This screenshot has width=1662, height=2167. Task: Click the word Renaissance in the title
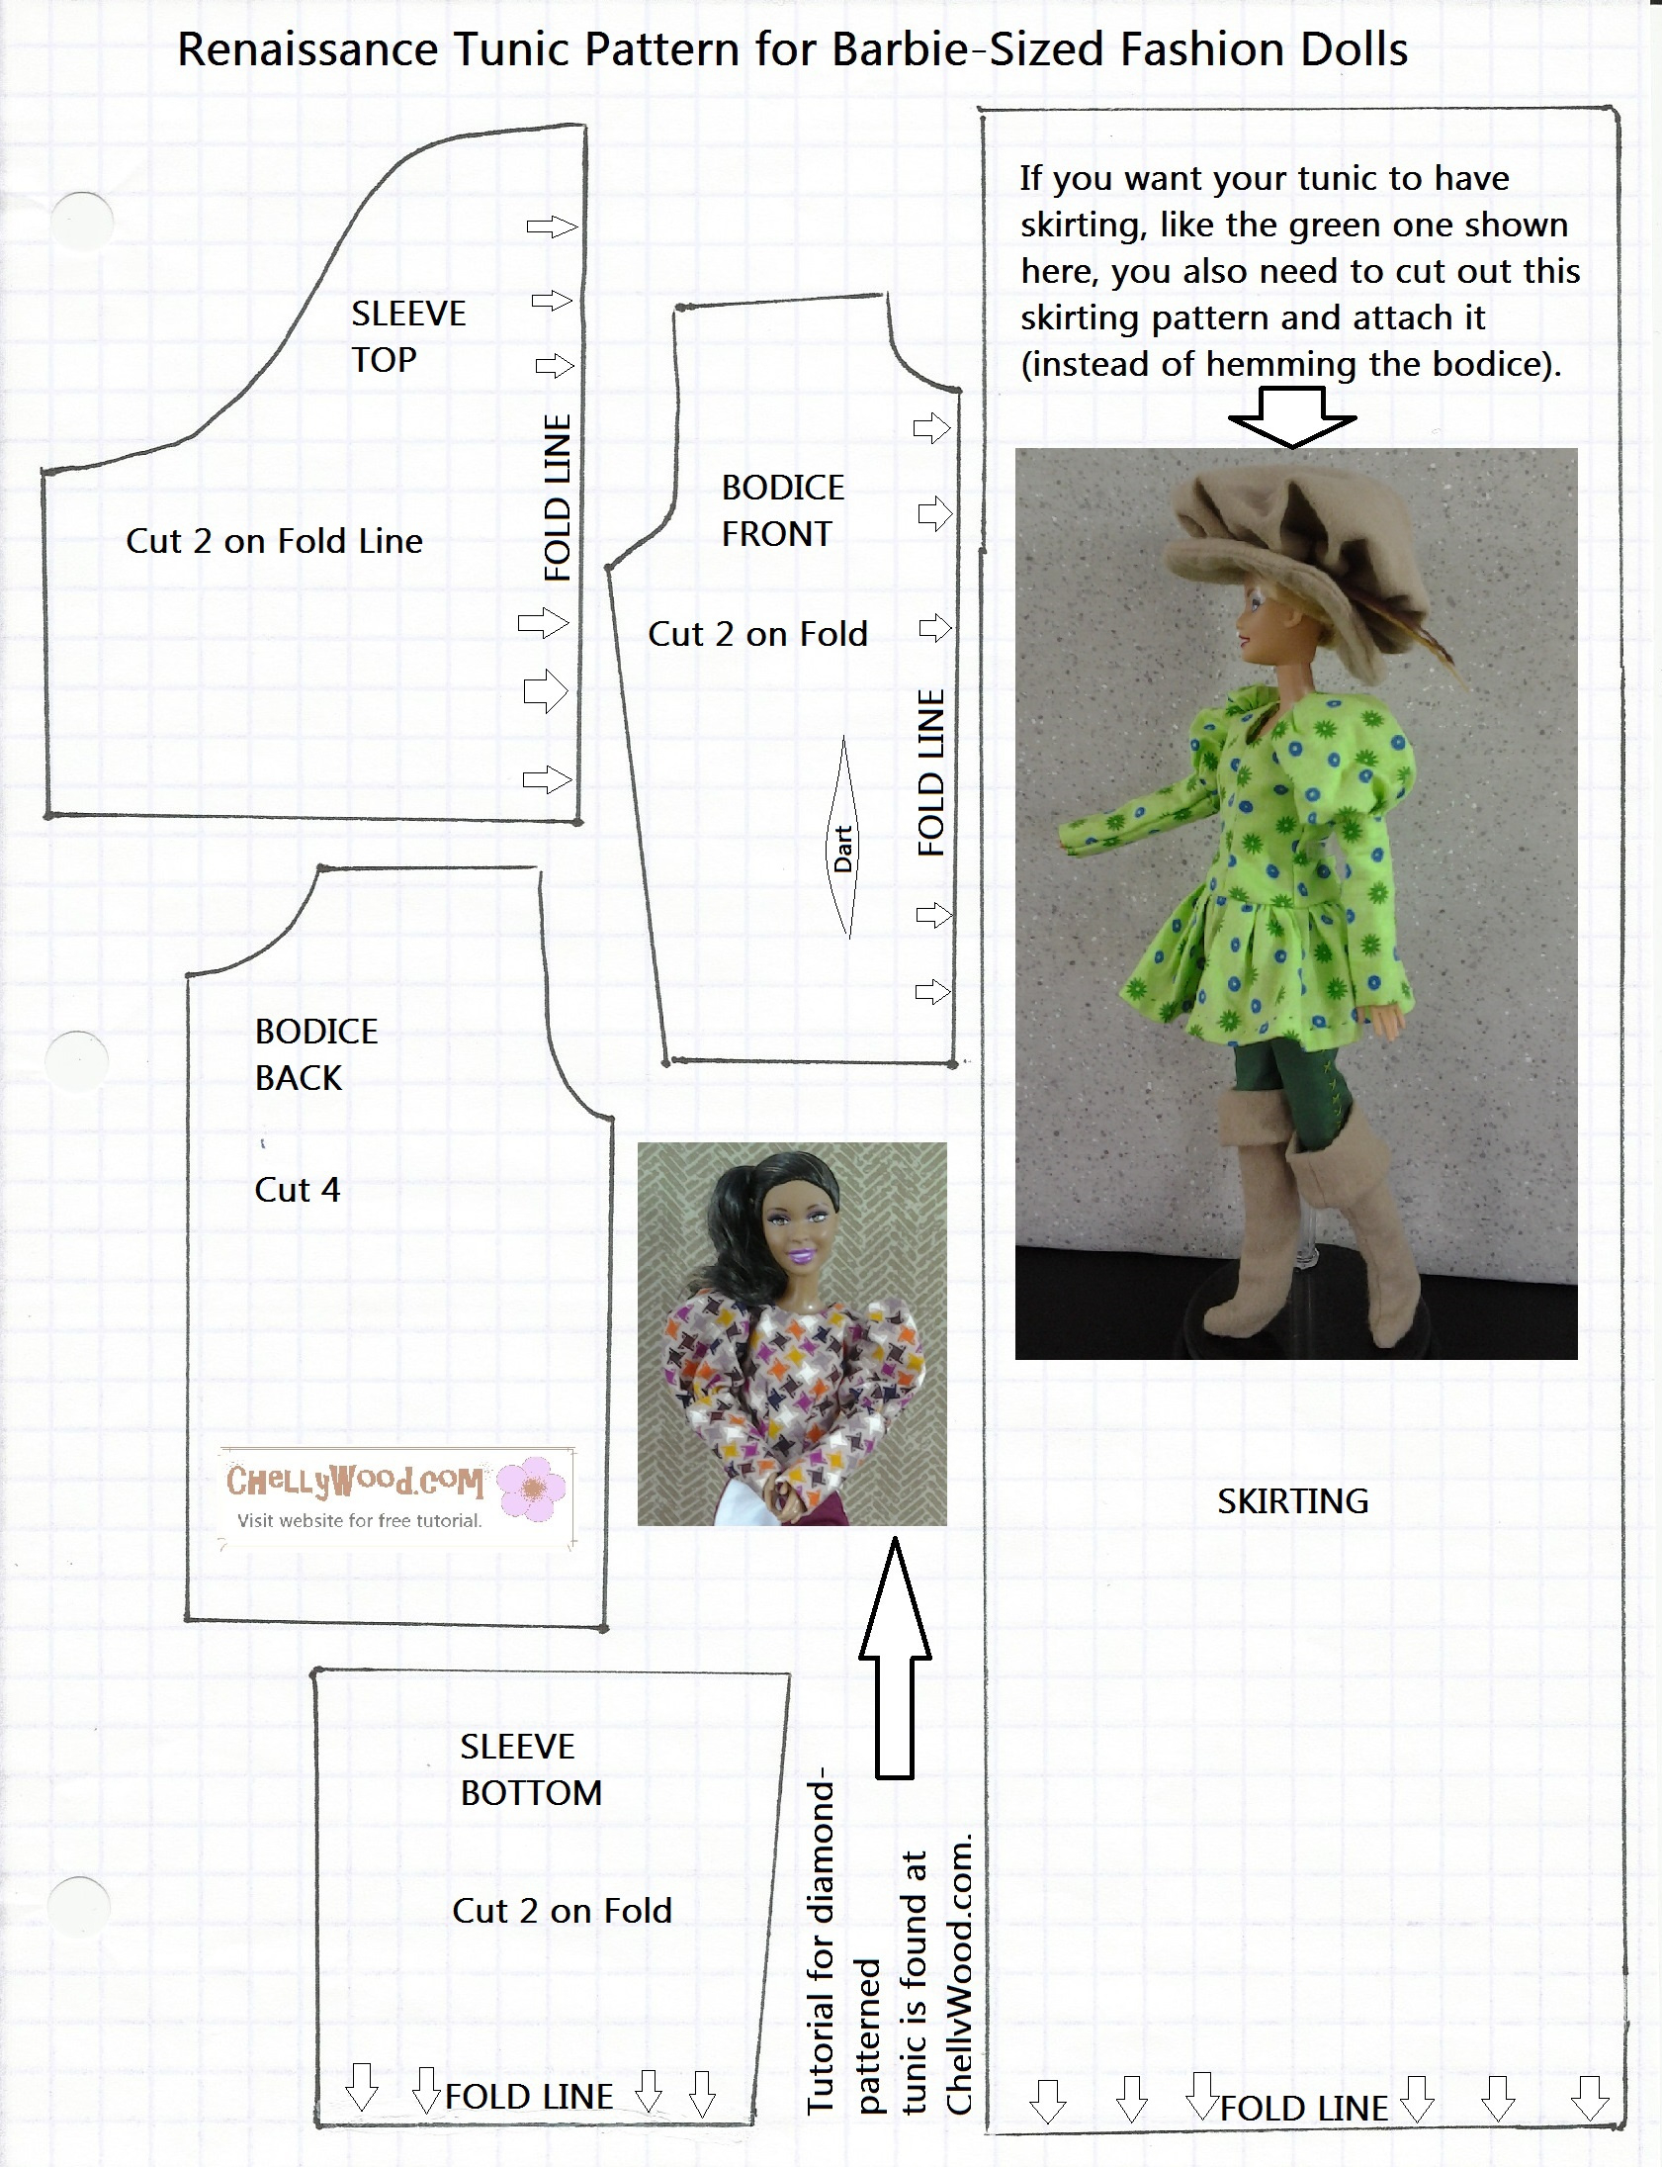point(306,49)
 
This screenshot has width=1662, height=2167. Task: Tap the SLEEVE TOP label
point(407,336)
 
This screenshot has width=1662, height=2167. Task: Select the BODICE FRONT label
point(781,510)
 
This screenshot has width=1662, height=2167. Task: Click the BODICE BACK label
point(315,1053)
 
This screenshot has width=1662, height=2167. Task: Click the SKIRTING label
point(1292,1501)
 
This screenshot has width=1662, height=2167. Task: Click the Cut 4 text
point(297,1190)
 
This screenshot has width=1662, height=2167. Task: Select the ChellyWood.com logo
point(356,1482)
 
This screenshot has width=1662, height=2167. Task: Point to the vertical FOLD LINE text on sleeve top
point(558,497)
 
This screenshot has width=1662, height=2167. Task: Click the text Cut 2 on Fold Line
point(274,541)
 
